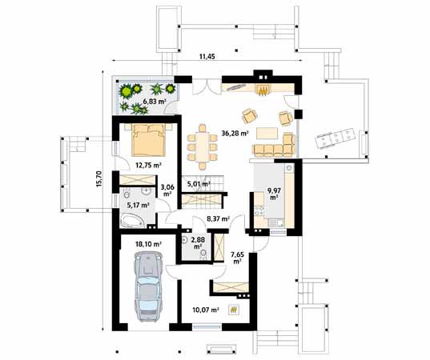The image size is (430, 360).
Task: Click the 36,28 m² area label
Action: pyautogui.click(x=233, y=134)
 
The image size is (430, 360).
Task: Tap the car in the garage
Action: pyautogui.click(x=148, y=286)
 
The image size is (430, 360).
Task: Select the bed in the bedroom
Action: pyautogui.click(x=147, y=141)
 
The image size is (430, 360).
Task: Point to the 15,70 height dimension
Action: pyautogui.click(x=100, y=189)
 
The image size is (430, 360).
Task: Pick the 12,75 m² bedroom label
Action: pyautogui.click(x=148, y=166)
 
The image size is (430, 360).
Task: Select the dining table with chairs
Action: pyautogui.click(x=203, y=148)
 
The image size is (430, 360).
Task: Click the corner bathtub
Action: pyautogui.click(x=135, y=219)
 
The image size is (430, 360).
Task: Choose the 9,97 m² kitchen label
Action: pyautogui.click(x=273, y=193)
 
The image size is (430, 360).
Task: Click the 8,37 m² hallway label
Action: pyautogui.click(x=218, y=218)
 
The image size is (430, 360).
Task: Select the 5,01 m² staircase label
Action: pyautogui.click(x=197, y=183)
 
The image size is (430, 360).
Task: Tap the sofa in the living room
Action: pyautogui.click(x=274, y=147)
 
